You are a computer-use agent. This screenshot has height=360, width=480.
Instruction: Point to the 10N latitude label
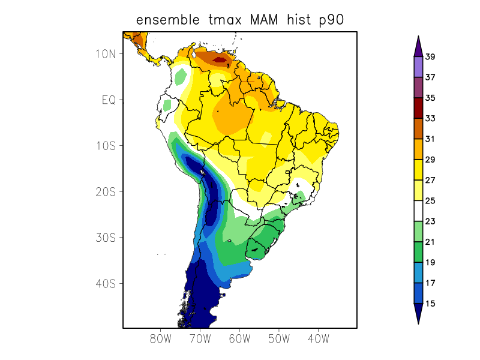tap(105, 53)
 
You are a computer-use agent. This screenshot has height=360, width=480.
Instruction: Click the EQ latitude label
tap(108, 100)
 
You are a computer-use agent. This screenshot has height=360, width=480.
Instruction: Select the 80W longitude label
tap(160, 338)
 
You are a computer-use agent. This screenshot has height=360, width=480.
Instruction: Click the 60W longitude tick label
tap(239, 338)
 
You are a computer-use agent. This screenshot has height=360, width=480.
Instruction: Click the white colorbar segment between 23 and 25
tap(418, 211)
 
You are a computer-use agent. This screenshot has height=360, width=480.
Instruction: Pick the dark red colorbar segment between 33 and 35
tap(418, 109)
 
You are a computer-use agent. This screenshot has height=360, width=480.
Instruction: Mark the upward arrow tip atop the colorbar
tap(418, 38)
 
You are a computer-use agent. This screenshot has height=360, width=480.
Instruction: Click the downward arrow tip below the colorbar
tap(418, 322)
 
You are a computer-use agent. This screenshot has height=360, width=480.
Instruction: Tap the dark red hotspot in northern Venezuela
tap(224, 59)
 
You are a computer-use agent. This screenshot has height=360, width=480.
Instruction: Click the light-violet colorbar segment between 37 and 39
tap(418, 67)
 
